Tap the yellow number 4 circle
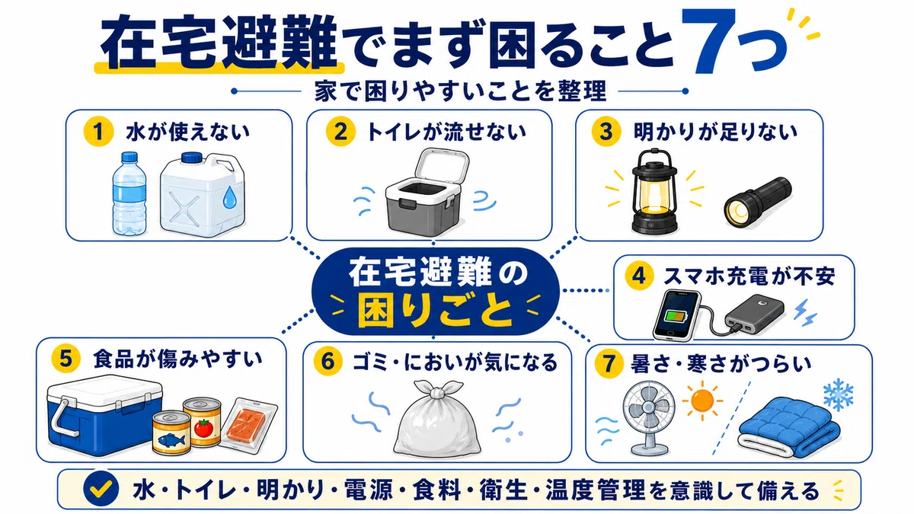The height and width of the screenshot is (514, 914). pyautogui.click(x=638, y=276)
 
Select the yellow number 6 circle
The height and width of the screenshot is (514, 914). pyautogui.click(x=328, y=362)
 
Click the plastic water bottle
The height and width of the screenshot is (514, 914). pyautogui.click(x=129, y=194)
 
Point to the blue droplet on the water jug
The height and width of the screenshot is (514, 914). pyautogui.click(x=229, y=197)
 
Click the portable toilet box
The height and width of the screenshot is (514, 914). pyautogui.click(x=426, y=192)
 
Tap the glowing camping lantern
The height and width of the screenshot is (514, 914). pyautogui.click(x=654, y=190)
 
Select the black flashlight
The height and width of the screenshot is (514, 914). pyautogui.click(x=757, y=203)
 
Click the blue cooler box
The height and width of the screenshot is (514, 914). pyautogui.click(x=104, y=416)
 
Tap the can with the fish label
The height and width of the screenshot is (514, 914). pyautogui.click(x=171, y=433)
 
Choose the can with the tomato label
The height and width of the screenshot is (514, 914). pyautogui.click(x=202, y=422)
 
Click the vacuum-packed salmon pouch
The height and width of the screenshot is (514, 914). pyautogui.click(x=248, y=424)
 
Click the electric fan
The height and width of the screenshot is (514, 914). pyautogui.click(x=647, y=418)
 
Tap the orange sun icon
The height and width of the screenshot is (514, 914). pyautogui.click(x=702, y=401)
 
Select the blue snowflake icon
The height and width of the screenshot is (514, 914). pyautogui.click(x=838, y=394)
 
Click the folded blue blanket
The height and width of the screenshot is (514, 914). pyautogui.click(x=789, y=428)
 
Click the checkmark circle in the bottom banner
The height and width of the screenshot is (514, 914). pyautogui.click(x=101, y=489)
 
